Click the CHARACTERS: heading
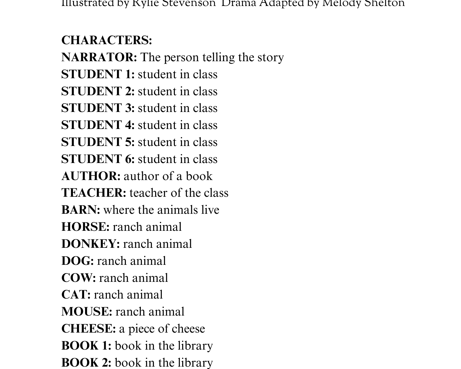point(107,40)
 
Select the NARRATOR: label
point(99,57)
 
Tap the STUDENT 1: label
point(98,74)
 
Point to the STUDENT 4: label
point(98,125)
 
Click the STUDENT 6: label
point(98,159)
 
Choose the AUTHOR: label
point(91,176)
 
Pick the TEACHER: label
point(94,193)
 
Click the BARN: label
point(81,210)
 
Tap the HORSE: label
point(85,227)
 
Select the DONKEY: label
point(90,244)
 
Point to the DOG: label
point(77,261)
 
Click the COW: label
point(78,278)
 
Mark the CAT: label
point(76,295)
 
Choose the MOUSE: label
point(87,312)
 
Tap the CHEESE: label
point(88,329)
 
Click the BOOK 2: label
point(86,363)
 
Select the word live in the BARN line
point(210,210)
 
